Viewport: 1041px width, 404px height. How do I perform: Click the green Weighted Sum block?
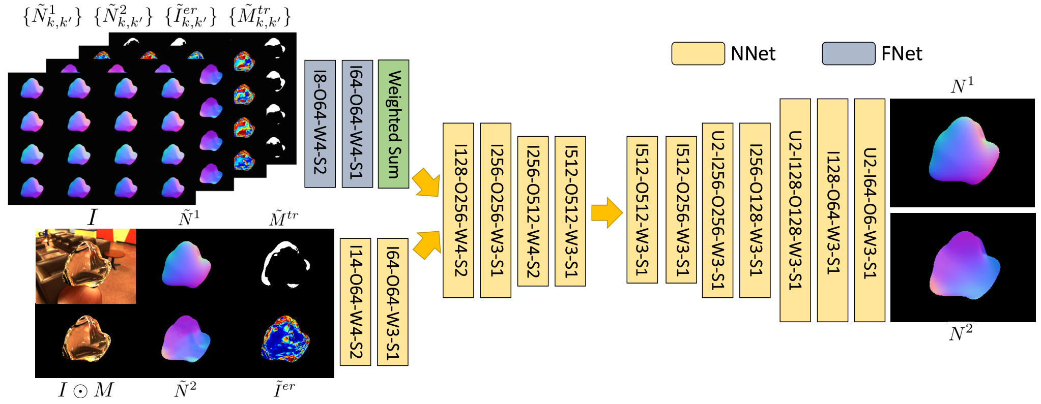pyautogui.click(x=393, y=124)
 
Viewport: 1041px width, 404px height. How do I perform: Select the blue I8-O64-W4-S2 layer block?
pyautogui.click(x=320, y=124)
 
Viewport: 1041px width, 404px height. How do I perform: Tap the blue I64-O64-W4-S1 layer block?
pyautogui.click(x=357, y=124)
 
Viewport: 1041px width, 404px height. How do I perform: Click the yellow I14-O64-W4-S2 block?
pyautogui.click(x=355, y=302)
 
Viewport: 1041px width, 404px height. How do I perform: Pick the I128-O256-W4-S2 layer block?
pyautogui.click(x=458, y=210)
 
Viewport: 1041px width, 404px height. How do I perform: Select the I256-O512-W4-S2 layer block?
pyautogui.click(x=533, y=211)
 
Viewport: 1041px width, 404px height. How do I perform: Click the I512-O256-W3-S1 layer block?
pyautogui.click(x=681, y=209)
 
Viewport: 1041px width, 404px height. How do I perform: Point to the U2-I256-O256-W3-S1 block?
pyautogui.click(x=717, y=210)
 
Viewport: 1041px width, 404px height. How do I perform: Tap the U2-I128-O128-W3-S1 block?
pyautogui.click(x=795, y=210)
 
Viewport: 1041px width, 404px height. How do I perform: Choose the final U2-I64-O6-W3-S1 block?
pyautogui.click(x=870, y=210)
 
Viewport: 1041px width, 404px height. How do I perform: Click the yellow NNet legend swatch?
pyautogui.click(x=698, y=53)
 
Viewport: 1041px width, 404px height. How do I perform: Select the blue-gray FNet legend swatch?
pyautogui.click(x=849, y=53)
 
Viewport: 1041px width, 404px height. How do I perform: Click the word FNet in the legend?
pyautogui.click(x=902, y=54)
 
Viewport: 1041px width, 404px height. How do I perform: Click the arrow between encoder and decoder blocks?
pyautogui.click(x=606, y=212)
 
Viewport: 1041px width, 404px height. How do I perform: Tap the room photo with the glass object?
pyautogui.click(x=85, y=266)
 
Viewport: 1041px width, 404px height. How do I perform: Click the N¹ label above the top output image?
pyautogui.click(x=962, y=85)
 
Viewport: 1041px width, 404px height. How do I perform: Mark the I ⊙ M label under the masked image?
pyautogui.click(x=85, y=390)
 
